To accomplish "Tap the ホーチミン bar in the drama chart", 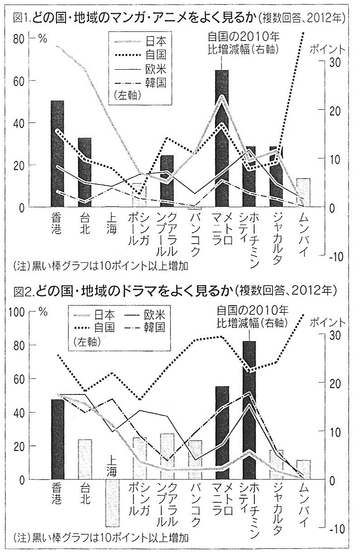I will (x=249, y=410).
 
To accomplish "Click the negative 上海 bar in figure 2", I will (x=112, y=503).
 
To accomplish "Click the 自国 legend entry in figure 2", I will (x=104, y=327).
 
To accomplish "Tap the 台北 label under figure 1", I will (x=84, y=223).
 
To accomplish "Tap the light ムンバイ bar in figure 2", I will (x=304, y=469).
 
